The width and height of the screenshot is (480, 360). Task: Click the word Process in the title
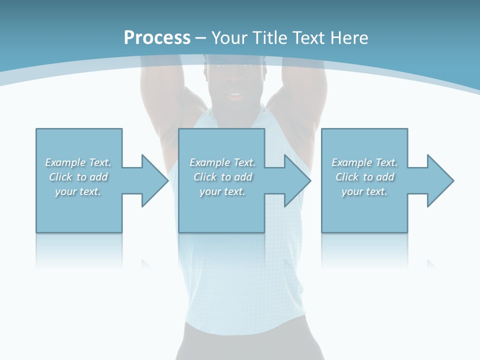[157, 38]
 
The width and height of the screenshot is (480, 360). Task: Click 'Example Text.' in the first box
[78, 162]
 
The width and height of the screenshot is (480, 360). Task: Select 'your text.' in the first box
[78, 191]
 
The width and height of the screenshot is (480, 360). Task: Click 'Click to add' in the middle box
[222, 177]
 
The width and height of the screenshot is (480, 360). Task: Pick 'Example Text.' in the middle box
[222, 162]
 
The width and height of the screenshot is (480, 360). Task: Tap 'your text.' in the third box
[364, 191]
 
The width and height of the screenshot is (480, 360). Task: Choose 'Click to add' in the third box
[364, 177]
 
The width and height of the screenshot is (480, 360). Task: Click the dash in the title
[200, 38]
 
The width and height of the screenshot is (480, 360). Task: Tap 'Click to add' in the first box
[78, 177]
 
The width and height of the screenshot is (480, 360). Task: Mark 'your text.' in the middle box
[222, 191]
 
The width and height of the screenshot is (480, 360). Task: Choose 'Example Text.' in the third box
[364, 162]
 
